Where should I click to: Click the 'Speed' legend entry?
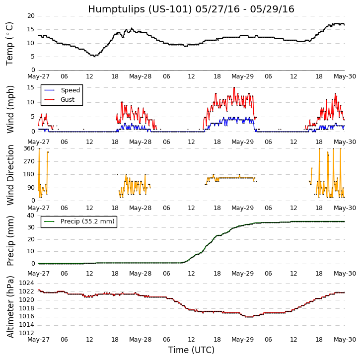point(70,90)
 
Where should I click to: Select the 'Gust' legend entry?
point(68,100)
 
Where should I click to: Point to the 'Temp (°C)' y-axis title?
point(10,43)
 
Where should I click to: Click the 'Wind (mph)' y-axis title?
point(10,109)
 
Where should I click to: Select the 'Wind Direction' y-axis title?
point(10,175)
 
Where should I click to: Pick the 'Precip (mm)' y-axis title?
point(10,240)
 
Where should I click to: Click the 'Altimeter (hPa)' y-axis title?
point(10,306)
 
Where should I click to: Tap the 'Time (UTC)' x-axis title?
point(191,350)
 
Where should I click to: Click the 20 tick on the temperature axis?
point(30,16)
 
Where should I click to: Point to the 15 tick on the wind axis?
point(30,87)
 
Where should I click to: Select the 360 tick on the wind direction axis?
point(28,148)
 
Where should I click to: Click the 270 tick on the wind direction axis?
point(28,161)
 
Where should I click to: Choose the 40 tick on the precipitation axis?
point(30,215)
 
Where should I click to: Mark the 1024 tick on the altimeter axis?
point(27,283)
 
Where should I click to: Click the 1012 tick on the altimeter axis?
point(27,333)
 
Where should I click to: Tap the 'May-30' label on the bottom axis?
point(344,340)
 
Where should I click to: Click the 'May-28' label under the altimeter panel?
point(141,340)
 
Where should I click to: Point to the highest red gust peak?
point(234,88)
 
